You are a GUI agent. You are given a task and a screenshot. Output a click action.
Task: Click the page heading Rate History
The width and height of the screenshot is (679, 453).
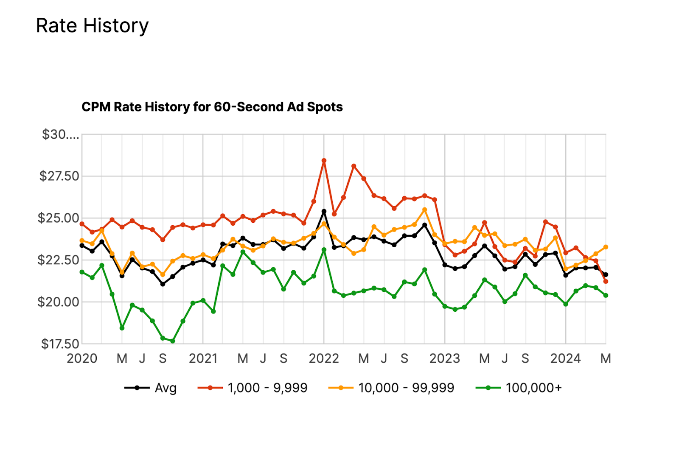pos(92,26)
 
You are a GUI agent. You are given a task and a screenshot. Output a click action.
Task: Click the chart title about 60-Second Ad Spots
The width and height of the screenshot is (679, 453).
pos(212,107)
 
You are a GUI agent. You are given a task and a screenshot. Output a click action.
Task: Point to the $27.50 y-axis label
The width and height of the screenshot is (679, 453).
pos(59,176)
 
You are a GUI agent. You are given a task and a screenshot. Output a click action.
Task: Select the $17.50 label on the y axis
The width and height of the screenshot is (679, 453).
pos(60,344)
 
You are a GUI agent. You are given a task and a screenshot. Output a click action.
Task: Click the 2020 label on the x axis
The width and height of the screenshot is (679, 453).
pos(82,359)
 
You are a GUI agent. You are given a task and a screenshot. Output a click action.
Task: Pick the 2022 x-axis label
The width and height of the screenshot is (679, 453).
pos(324,359)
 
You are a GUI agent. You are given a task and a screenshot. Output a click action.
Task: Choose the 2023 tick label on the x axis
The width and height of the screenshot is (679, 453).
pos(445,359)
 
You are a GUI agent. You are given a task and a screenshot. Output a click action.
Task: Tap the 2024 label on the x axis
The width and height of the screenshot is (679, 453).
pos(565,359)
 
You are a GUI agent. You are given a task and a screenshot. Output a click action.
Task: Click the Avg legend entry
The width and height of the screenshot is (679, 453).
pos(165,388)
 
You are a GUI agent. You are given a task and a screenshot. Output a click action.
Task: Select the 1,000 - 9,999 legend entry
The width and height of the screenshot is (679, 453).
pos(267,388)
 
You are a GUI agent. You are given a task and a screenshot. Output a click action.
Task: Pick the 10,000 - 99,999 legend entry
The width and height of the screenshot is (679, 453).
pos(406,388)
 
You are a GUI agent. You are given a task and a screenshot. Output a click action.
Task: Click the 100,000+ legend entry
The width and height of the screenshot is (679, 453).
pos(533,388)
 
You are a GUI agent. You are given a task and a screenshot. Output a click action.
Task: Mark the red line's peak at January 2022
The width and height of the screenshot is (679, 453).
pos(324,161)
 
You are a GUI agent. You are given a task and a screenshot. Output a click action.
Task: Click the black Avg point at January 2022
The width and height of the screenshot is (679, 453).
pos(324,211)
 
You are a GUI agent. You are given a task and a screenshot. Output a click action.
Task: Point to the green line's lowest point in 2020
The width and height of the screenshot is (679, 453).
pos(173,341)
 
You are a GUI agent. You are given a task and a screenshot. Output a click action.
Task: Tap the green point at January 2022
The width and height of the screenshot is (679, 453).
pos(324,250)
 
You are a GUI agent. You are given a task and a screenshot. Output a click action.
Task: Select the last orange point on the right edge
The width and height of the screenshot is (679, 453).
pos(606,247)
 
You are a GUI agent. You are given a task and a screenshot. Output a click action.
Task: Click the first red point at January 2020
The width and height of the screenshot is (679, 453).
pos(82,224)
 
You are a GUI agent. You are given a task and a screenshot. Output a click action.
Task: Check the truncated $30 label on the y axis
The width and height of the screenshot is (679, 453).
pos(60,135)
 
